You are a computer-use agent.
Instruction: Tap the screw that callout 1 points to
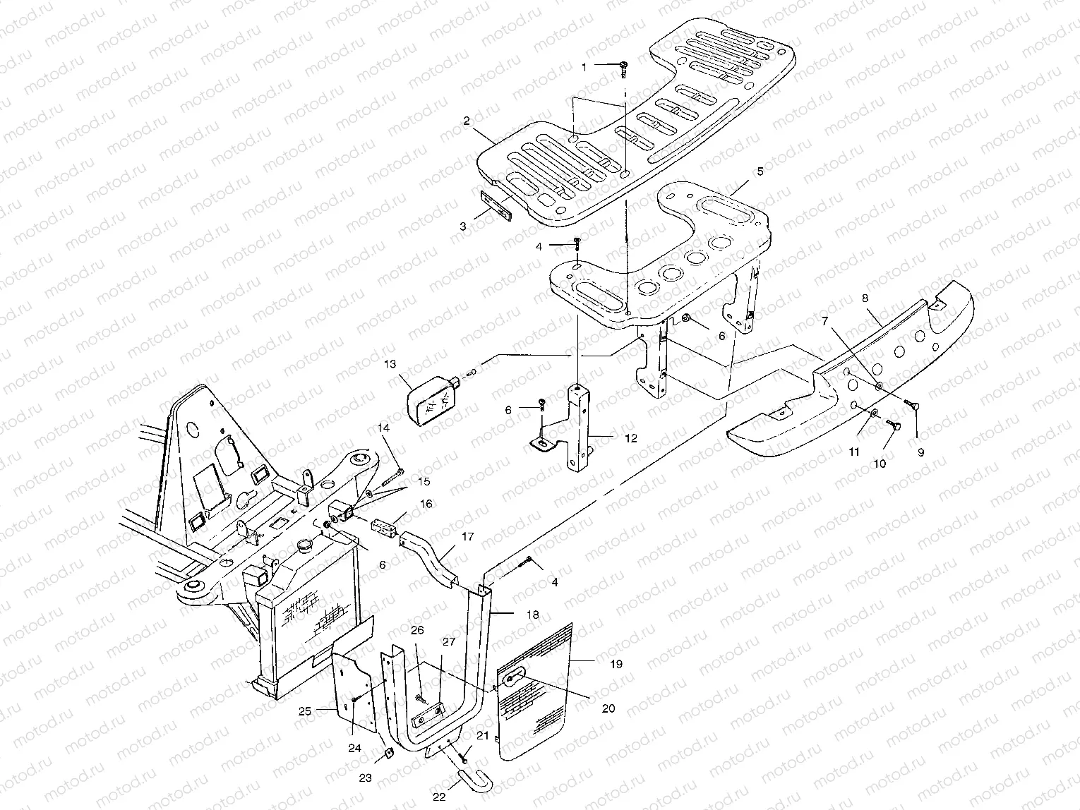pos(624,67)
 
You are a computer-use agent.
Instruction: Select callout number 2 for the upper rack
pos(467,121)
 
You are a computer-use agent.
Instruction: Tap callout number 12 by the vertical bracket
pos(630,438)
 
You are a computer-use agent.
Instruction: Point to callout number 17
pos(467,537)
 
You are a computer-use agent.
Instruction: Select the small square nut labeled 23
pos(388,754)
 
